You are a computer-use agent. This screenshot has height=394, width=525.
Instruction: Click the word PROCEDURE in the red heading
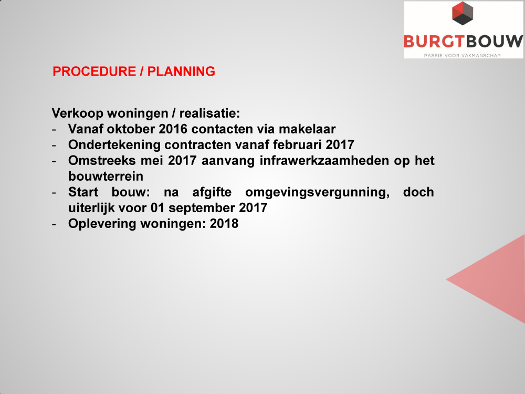[94, 71]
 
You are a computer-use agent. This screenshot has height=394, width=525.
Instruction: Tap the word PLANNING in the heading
[181, 71]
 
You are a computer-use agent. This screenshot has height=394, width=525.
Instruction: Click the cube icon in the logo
[463, 14]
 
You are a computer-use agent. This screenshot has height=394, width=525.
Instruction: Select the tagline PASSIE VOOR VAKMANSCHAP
[462, 55]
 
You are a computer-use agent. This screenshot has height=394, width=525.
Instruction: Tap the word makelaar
[307, 129]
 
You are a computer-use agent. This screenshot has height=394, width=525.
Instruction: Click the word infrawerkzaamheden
[324, 160]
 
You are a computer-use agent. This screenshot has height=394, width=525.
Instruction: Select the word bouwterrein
[106, 176]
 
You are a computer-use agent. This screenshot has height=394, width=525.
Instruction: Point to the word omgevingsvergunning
[317, 192]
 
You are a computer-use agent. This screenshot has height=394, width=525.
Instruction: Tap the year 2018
[224, 223]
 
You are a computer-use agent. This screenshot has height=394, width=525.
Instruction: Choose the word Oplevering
[102, 224]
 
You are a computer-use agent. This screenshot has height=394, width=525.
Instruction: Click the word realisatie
[209, 113]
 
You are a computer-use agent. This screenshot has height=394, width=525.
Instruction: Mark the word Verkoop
[77, 113]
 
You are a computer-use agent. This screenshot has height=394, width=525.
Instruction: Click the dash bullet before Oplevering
[54, 224]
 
